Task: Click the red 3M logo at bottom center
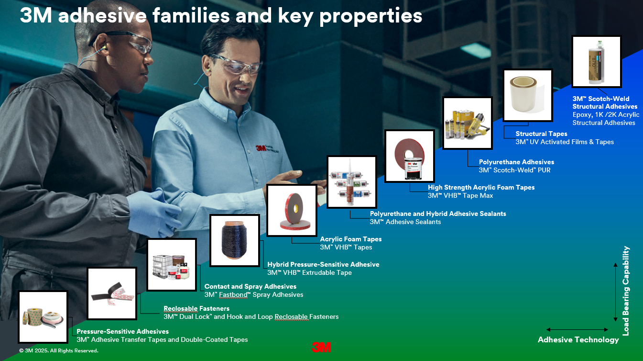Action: [321, 347]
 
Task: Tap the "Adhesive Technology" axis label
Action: [578, 340]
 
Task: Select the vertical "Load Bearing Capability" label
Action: [626, 291]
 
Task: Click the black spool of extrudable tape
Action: [235, 240]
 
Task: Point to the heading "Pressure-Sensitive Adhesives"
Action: [122, 331]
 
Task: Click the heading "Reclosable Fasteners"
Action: [196, 308]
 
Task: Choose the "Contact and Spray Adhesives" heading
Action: [251, 287]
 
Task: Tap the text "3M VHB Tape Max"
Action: [460, 195]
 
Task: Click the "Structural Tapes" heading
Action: [541, 134]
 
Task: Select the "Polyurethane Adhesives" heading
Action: [516, 162]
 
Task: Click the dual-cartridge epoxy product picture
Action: [596, 61]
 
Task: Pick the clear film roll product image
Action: [528, 95]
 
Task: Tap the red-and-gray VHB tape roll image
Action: [292, 210]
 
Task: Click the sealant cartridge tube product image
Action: [352, 182]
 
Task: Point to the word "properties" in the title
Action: [371, 16]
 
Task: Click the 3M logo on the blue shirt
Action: [261, 148]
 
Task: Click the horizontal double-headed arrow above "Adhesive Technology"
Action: [577, 329]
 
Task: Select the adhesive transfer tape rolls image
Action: [43, 317]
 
